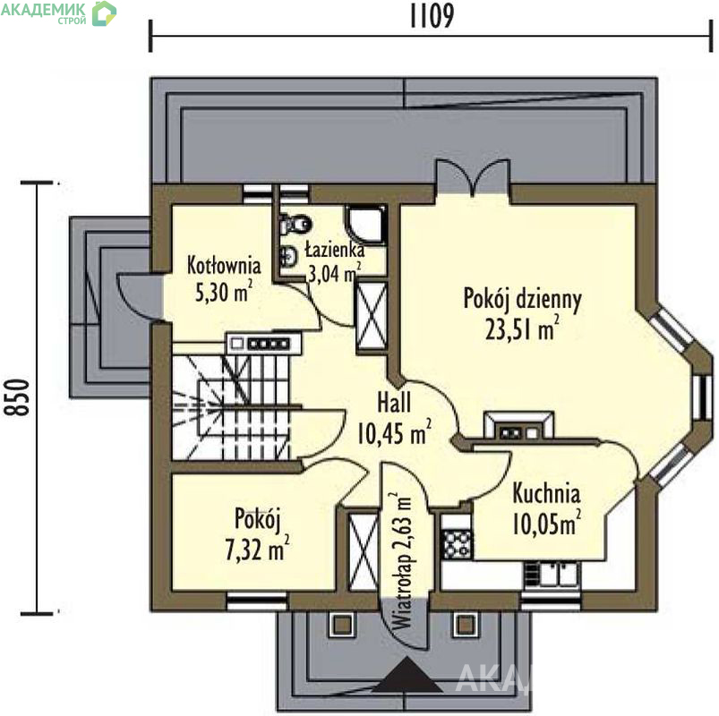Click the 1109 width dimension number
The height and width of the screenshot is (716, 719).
(x=432, y=15)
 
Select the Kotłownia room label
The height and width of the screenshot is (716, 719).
(x=224, y=266)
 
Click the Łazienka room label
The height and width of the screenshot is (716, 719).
(x=335, y=250)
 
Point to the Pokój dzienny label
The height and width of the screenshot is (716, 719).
(x=522, y=299)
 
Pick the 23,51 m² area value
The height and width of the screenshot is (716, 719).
(x=522, y=328)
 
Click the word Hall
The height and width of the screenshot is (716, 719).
(x=394, y=403)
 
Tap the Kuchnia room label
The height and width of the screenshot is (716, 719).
(x=546, y=493)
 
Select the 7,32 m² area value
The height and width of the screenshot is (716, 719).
(x=257, y=549)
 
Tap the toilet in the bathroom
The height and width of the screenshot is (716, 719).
(x=295, y=224)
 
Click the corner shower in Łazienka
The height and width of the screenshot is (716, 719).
(x=365, y=224)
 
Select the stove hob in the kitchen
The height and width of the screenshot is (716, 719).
(x=457, y=543)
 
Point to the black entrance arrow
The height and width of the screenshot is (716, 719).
(x=407, y=674)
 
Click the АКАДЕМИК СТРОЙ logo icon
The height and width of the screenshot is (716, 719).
(x=104, y=13)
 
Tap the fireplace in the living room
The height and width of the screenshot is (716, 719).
(x=518, y=426)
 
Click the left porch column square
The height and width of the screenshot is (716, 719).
(x=342, y=625)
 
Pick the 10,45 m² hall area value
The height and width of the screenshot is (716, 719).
(x=394, y=432)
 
